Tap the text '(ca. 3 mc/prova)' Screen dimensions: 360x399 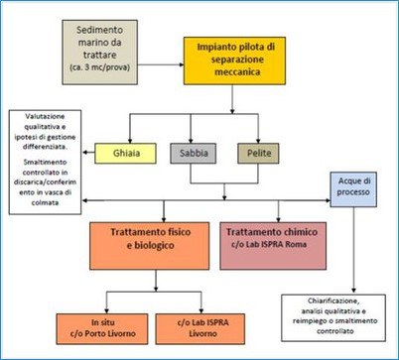coord(110,66)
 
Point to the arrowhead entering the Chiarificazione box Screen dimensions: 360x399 coord(354,289)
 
